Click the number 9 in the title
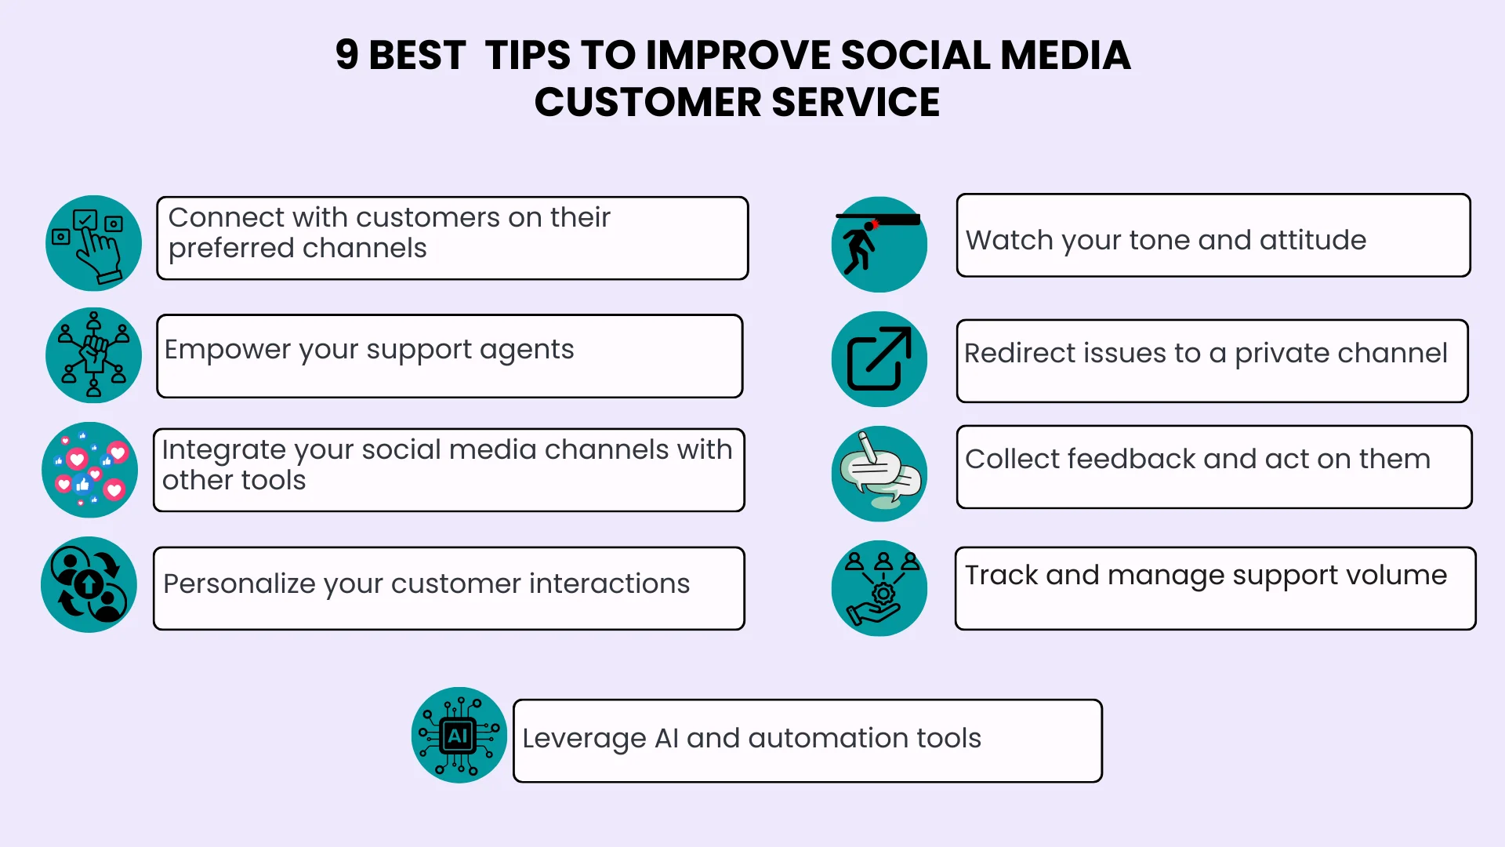point(346,55)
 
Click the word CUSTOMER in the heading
point(647,103)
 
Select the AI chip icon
point(459,736)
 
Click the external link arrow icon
point(879,359)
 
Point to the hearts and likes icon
point(90,471)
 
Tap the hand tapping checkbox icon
point(93,244)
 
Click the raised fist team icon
point(93,355)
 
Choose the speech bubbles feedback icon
point(879,474)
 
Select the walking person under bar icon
point(879,245)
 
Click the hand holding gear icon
point(879,588)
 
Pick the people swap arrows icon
point(89,585)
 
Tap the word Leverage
point(584,739)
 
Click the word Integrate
point(223,450)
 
